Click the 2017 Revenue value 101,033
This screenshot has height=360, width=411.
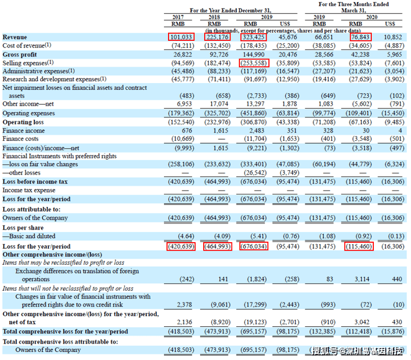181,37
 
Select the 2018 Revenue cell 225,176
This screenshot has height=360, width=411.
217,37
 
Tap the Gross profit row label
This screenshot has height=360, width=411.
20,54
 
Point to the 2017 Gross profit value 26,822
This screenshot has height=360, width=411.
183,54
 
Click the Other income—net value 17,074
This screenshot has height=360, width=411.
219,104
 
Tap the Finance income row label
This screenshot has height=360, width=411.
24,131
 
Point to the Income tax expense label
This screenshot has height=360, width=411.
29,190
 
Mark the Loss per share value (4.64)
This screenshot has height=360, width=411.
186,236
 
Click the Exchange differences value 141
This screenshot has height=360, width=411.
223,279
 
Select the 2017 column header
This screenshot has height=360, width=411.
178,17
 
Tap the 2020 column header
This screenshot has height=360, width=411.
372,17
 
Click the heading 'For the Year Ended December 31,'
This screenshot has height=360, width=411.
230,11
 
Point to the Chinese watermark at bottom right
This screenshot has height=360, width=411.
358,351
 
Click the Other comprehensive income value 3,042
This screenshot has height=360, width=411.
362,322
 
